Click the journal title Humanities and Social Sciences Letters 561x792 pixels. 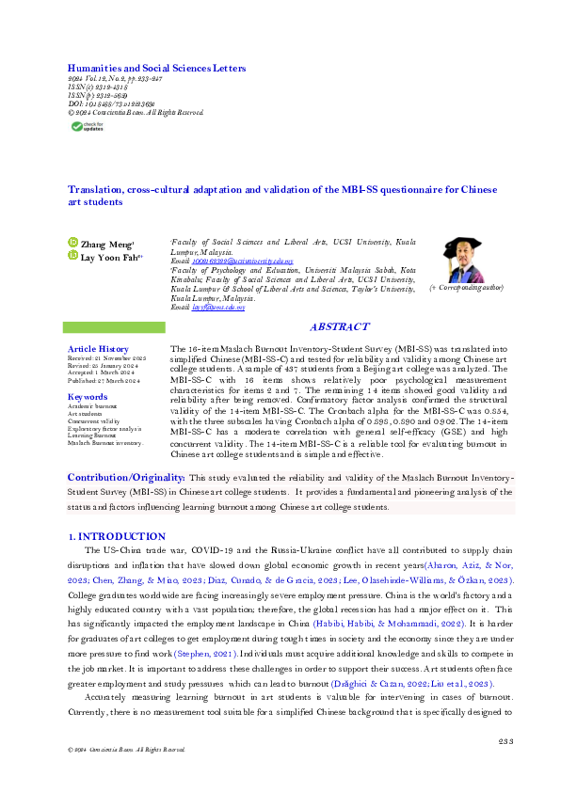(156, 69)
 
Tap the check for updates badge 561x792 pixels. (87, 127)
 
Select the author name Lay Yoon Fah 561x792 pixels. (112, 254)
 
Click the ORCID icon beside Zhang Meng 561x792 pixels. (72, 243)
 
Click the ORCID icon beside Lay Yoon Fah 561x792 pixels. (72, 254)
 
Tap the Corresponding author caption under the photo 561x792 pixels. (466, 287)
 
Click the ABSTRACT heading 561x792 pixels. (339, 326)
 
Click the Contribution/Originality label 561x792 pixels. (126, 478)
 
